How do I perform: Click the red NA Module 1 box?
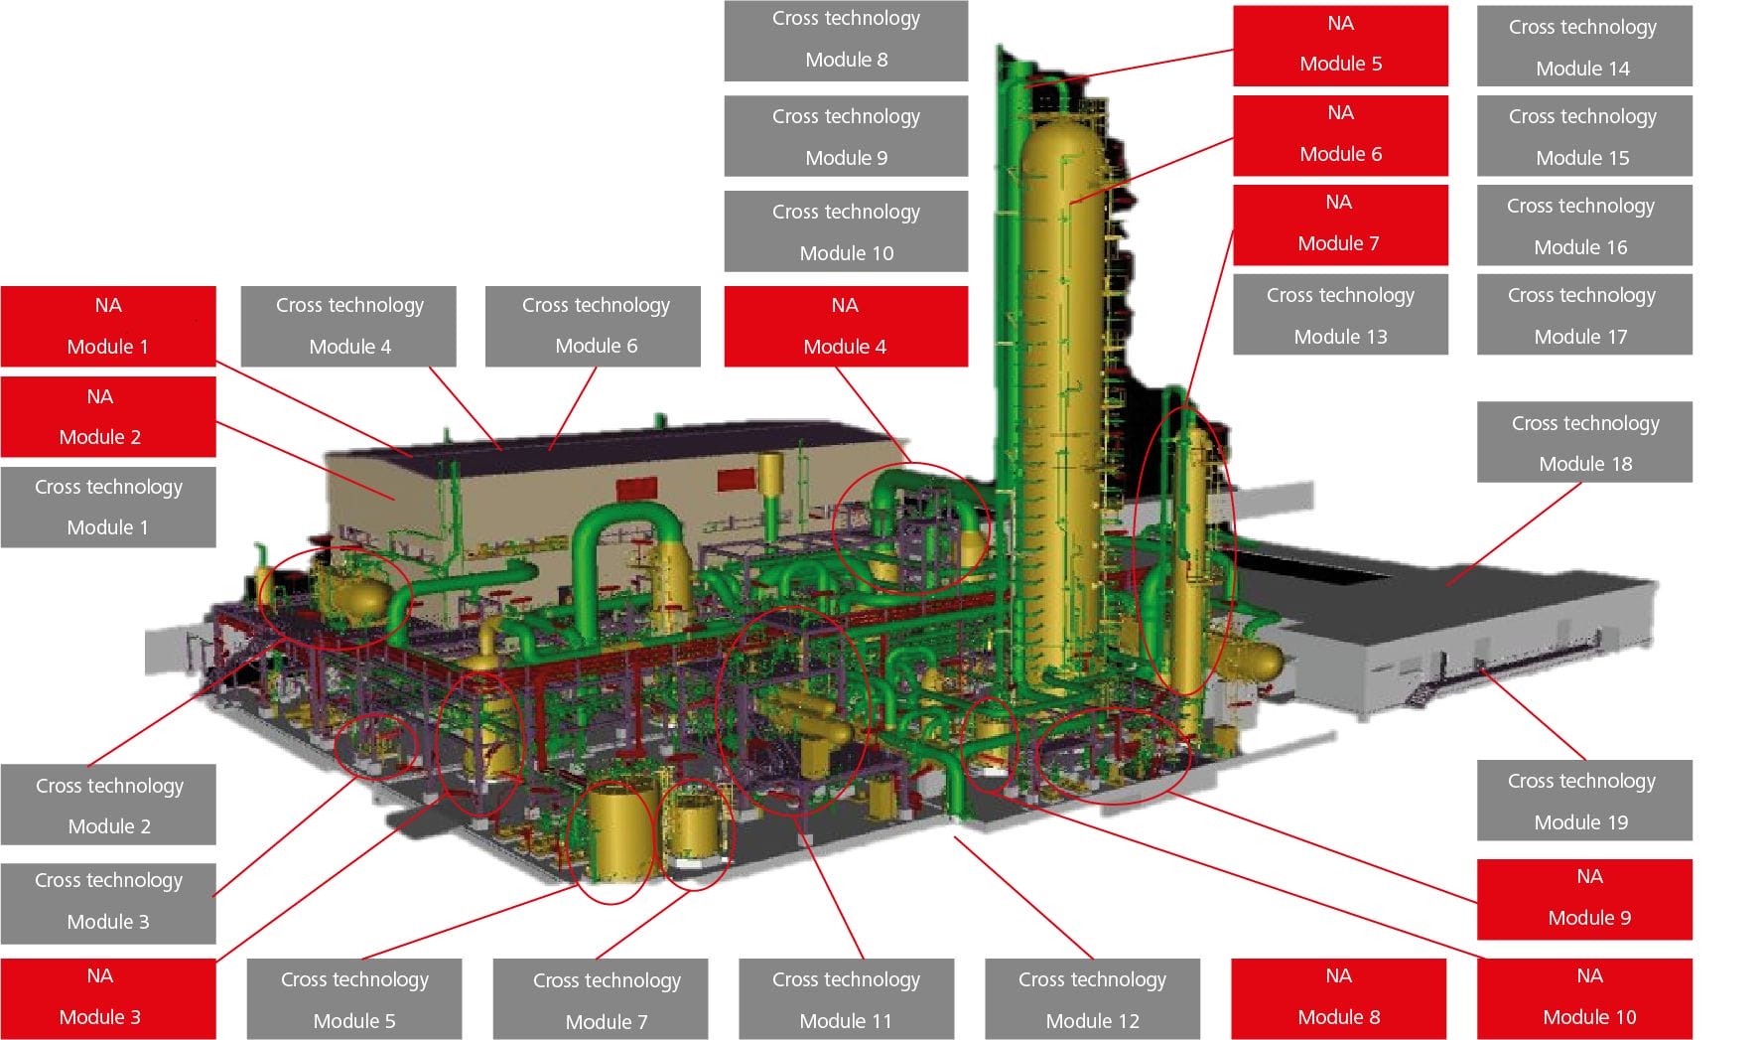pos(108,326)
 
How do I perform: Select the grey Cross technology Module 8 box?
pos(846,40)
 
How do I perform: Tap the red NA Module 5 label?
pos(1340,45)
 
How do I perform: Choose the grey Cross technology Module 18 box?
pos(1584,442)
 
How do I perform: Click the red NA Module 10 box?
pos(1584,997)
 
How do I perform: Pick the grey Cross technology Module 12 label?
pos(1092,998)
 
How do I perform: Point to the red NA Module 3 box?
pos(108,997)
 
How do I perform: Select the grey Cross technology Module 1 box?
pos(108,507)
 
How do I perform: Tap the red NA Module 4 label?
pos(846,326)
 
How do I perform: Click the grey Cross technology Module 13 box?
pos(1340,315)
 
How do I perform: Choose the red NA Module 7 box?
pos(1340,223)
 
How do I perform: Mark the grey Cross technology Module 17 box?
pos(1584,315)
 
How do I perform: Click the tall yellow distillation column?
pos(1062,397)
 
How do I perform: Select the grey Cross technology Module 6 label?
pos(593,326)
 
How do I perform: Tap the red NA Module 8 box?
pos(1338,997)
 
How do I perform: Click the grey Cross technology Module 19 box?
pos(1584,801)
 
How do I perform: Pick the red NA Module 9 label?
pos(1584,898)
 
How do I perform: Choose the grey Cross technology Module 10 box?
pos(846,231)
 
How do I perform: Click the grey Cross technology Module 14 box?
pos(1584,47)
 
